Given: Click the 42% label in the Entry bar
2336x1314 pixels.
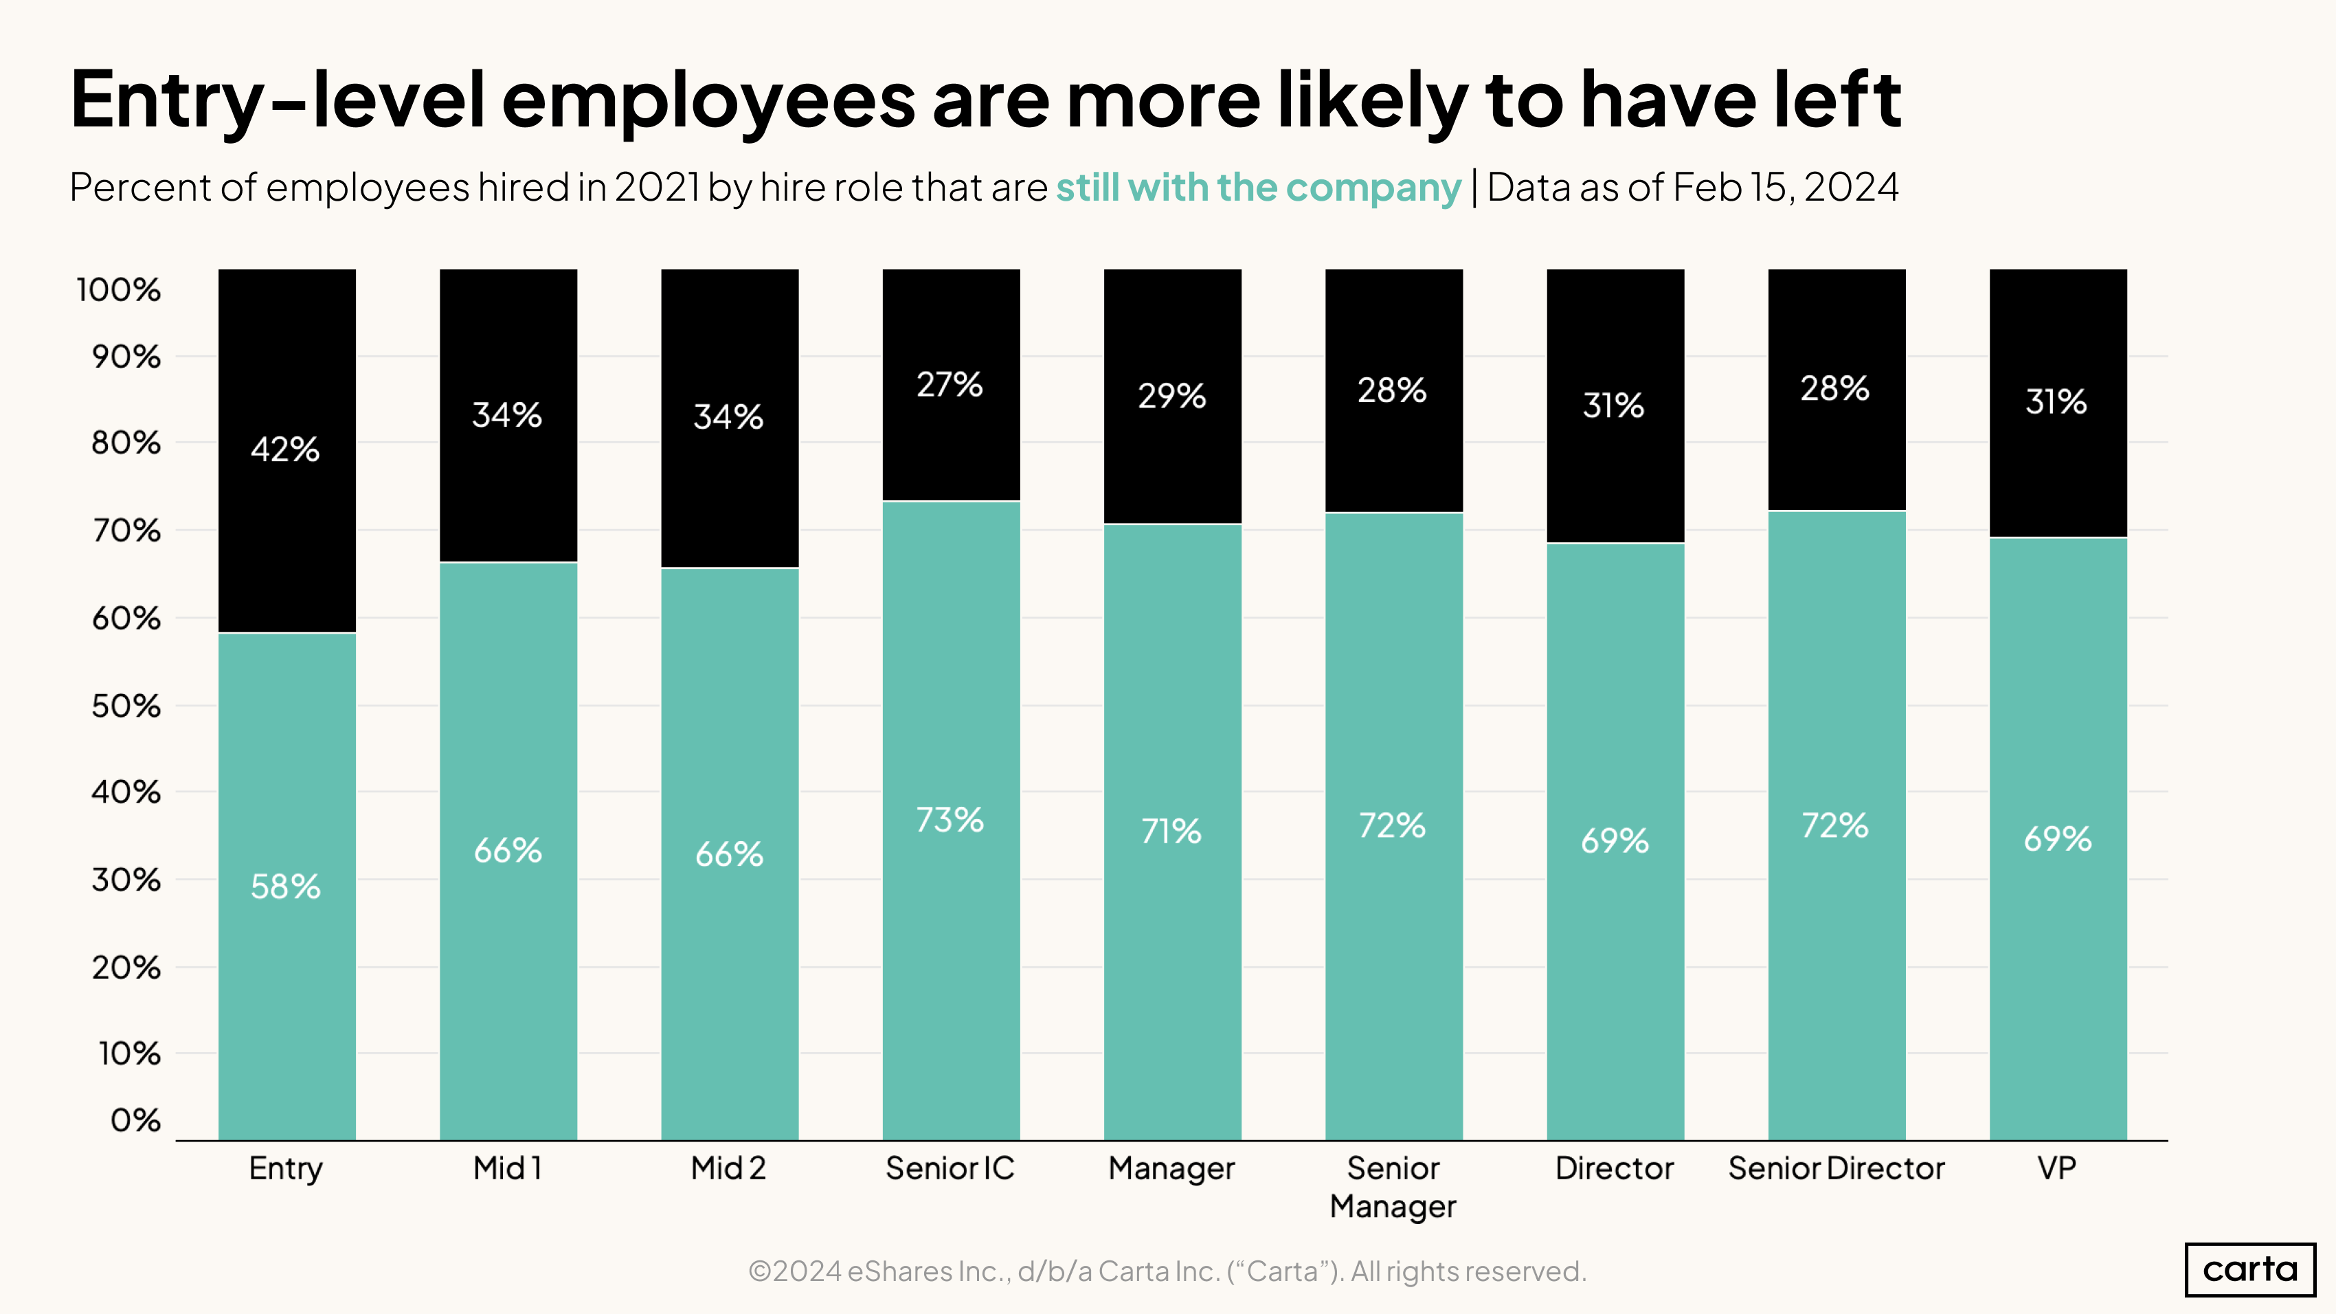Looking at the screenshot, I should pos(284,449).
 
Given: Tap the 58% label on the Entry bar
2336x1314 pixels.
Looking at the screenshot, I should pos(284,886).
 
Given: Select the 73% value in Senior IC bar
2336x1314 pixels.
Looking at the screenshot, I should pos(950,820).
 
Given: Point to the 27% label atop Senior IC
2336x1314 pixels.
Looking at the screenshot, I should pos(950,384).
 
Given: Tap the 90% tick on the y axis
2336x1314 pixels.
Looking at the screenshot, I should pos(126,357).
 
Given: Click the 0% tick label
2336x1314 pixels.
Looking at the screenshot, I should pos(135,1120).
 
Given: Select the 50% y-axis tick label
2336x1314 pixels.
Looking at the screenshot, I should pos(126,706).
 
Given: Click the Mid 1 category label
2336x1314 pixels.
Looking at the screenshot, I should pos(507,1168).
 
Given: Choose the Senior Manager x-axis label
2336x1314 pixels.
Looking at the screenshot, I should pos(1393,1187).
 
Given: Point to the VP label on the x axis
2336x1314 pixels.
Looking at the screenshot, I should pos(2056,1168).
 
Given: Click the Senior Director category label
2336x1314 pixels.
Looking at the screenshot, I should pos(1837,1168).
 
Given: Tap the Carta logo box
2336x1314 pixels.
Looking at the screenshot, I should pos(2250,1269).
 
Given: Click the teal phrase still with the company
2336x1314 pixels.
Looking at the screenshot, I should pos(1259,188).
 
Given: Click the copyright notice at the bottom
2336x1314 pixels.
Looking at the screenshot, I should pos(1167,1271).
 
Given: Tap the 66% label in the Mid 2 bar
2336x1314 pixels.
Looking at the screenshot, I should pos(728,854).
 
